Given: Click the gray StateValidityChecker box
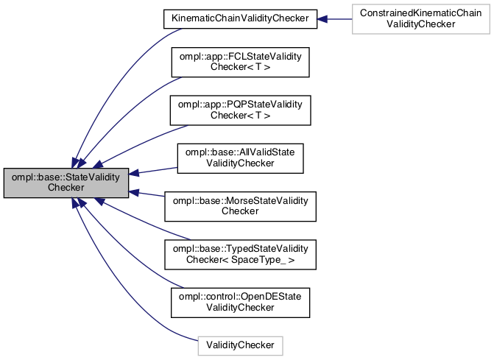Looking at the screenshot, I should tap(66, 182).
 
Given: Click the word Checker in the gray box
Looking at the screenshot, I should tap(66, 188).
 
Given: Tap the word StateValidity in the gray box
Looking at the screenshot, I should tap(96, 177).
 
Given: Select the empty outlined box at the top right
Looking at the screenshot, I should tap(420, 18).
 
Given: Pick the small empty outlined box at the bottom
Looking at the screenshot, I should tap(240, 345).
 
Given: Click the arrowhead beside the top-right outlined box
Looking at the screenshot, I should tap(322, 18).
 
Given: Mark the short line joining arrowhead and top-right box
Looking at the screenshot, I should tap(340, 18).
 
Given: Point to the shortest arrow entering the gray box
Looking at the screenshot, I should tap(151, 195).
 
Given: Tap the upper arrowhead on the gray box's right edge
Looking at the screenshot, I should tap(135, 173).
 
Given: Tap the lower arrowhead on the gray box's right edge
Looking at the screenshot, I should tap(135, 193).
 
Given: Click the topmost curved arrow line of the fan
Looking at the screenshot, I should tap(125, 66).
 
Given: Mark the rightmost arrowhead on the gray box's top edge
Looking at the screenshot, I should tap(97, 164).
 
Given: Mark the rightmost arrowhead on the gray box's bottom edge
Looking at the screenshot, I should tap(98, 201).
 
